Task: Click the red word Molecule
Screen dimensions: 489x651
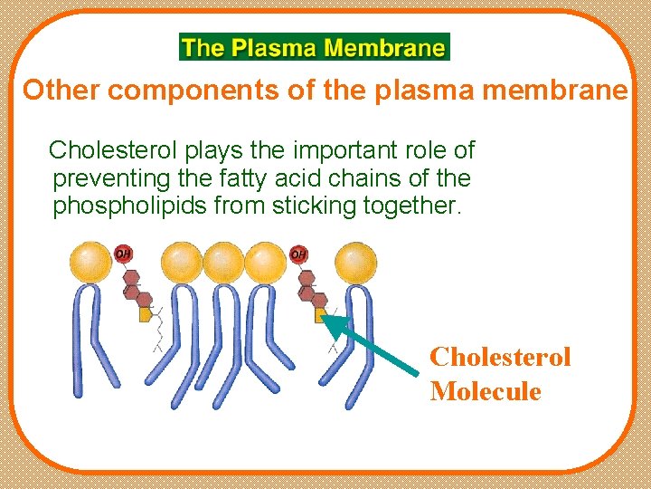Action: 486,392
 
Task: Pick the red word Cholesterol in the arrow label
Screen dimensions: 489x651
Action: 500,357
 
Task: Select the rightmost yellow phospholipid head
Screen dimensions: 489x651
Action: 355,262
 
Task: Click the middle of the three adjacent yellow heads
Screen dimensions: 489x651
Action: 222,262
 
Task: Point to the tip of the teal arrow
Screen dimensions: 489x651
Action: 325,316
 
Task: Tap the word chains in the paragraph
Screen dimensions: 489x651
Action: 370,177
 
